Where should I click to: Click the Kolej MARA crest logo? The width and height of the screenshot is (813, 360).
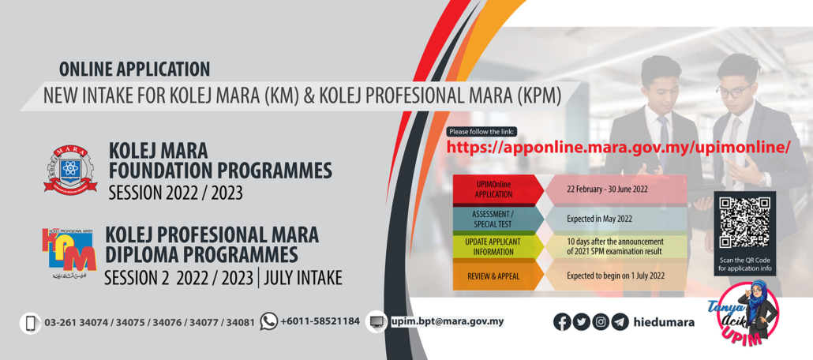70,169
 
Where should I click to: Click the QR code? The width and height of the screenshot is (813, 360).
744,223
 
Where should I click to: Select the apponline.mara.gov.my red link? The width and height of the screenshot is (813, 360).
618,147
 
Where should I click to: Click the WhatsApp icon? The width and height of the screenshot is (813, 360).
269,321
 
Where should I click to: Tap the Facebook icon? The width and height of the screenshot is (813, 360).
562,321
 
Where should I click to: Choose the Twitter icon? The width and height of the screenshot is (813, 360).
581,321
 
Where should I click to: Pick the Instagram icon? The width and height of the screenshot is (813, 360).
601,321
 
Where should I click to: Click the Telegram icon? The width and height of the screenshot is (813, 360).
620,321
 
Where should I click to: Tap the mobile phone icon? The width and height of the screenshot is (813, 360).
30,323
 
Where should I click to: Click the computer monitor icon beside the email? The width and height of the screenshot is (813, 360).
376,321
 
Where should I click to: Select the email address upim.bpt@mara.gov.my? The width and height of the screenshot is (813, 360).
447,321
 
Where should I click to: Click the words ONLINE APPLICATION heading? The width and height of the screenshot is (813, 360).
134,69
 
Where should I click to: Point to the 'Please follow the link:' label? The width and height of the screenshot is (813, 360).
480,132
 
